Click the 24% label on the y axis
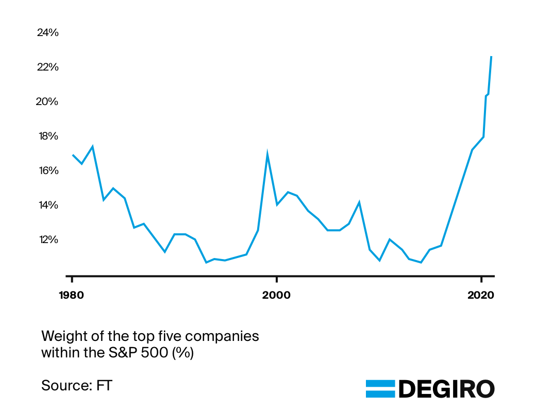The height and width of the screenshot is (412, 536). (x=48, y=32)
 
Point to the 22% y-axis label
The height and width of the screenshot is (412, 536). (x=48, y=67)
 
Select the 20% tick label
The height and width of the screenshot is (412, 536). (x=48, y=101)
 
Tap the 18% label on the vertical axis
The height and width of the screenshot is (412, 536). (x=48, y=136)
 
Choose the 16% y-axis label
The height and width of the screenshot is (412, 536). (x=48, y=170)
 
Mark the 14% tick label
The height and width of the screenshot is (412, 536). (x=48, y=205)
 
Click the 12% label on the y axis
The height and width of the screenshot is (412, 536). (x=48, y=239)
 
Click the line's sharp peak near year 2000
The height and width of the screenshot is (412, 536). (x=267, y=153)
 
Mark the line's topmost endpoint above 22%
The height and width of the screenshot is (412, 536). (x=491, y=57)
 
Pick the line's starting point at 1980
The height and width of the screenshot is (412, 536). (x=73, y=155)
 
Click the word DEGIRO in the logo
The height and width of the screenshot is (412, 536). (x=446, y=389)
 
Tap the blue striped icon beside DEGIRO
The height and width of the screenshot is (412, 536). (x=380, y=389)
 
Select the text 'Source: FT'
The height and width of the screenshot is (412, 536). (x=76, y=385)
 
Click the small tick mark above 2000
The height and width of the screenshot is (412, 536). (x=277, y=279)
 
